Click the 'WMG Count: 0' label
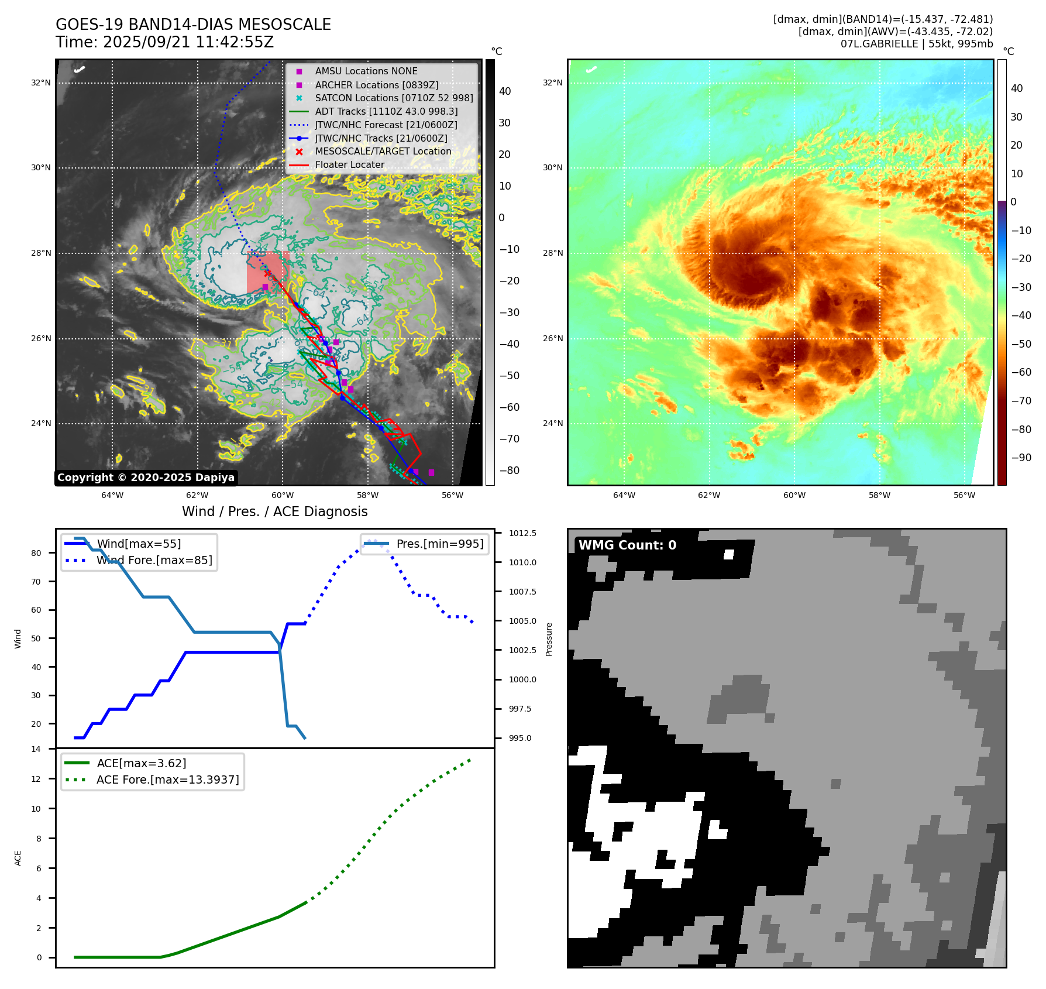click(627, 545)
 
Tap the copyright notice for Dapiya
click(146, 478)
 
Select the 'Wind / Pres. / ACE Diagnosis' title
click(274, 511)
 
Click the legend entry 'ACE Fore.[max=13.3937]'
click(167, 779)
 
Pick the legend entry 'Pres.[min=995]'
click(439, 544)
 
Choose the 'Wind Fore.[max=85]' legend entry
click(154, 560)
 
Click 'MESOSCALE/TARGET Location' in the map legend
click(383, 151)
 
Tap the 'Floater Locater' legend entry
click(349, 164)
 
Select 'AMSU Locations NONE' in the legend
click(366, 71)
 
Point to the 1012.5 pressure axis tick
click(522, 533)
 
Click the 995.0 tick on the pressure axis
click(520, 738)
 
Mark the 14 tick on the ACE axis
click(36, 749)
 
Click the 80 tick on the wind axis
click(36, 553)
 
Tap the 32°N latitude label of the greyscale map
click(41, 83)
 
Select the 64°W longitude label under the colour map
click(624, 495)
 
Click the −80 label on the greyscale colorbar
click(509, 471)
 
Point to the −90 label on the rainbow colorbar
click(1021, 458)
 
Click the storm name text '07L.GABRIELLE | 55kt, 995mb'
click(917, 44)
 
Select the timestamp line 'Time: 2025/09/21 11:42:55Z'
click(164, 42)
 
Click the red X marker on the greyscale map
click(268, 273)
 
